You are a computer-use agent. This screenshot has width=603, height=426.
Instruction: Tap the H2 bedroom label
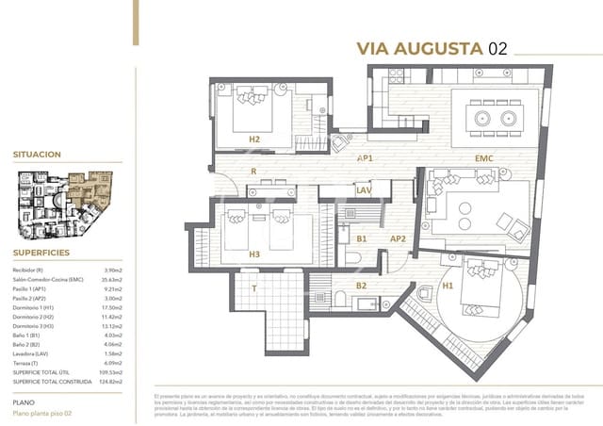tap(254, 139)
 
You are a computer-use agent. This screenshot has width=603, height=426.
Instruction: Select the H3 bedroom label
tap(254, 254)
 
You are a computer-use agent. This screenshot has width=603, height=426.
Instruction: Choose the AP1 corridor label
tap(366, 158)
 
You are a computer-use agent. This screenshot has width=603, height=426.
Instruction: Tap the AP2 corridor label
tap(398, 238)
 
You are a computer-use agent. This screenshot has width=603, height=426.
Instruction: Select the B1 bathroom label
tap(361, 239)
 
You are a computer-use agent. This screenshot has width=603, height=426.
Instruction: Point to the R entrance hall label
tap(253, 172)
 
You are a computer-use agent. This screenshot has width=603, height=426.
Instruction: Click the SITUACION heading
tap(38, 154)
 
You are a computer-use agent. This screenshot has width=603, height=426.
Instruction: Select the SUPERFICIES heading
tap(40, 253)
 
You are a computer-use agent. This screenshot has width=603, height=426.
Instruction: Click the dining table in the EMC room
tap(495, 119)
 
